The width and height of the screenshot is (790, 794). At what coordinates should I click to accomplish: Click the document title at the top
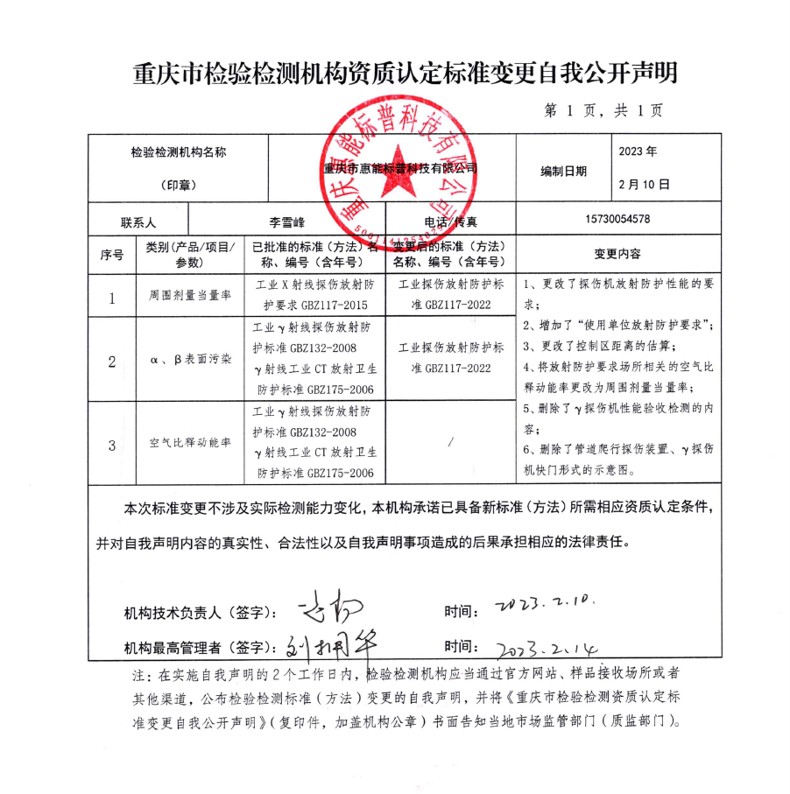[x=404, y=73]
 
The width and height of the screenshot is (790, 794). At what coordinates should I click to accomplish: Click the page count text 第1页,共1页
[x=603, y=111]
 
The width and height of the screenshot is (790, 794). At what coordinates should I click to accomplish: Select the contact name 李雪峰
[x=287, y=222]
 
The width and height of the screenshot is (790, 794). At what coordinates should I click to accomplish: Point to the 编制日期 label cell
[x=563, y=172]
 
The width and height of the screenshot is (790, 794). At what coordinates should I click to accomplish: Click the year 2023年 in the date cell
[x=638, y=151]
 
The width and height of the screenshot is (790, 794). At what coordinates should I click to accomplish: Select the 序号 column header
[x=112, y=255]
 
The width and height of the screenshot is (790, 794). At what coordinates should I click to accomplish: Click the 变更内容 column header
[x=617, y=254]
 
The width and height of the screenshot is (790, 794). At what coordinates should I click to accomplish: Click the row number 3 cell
[x=112, y=445]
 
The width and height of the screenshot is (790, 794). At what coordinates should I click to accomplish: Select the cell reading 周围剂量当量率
[x=189, y=297]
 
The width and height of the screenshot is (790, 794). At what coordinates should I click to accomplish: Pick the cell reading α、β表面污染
[x=189, y=360]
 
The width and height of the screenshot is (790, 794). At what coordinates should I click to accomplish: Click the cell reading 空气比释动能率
[x=189, y=443]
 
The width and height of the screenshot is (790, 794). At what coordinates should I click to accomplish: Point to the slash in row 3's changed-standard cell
[x=450, y=442]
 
